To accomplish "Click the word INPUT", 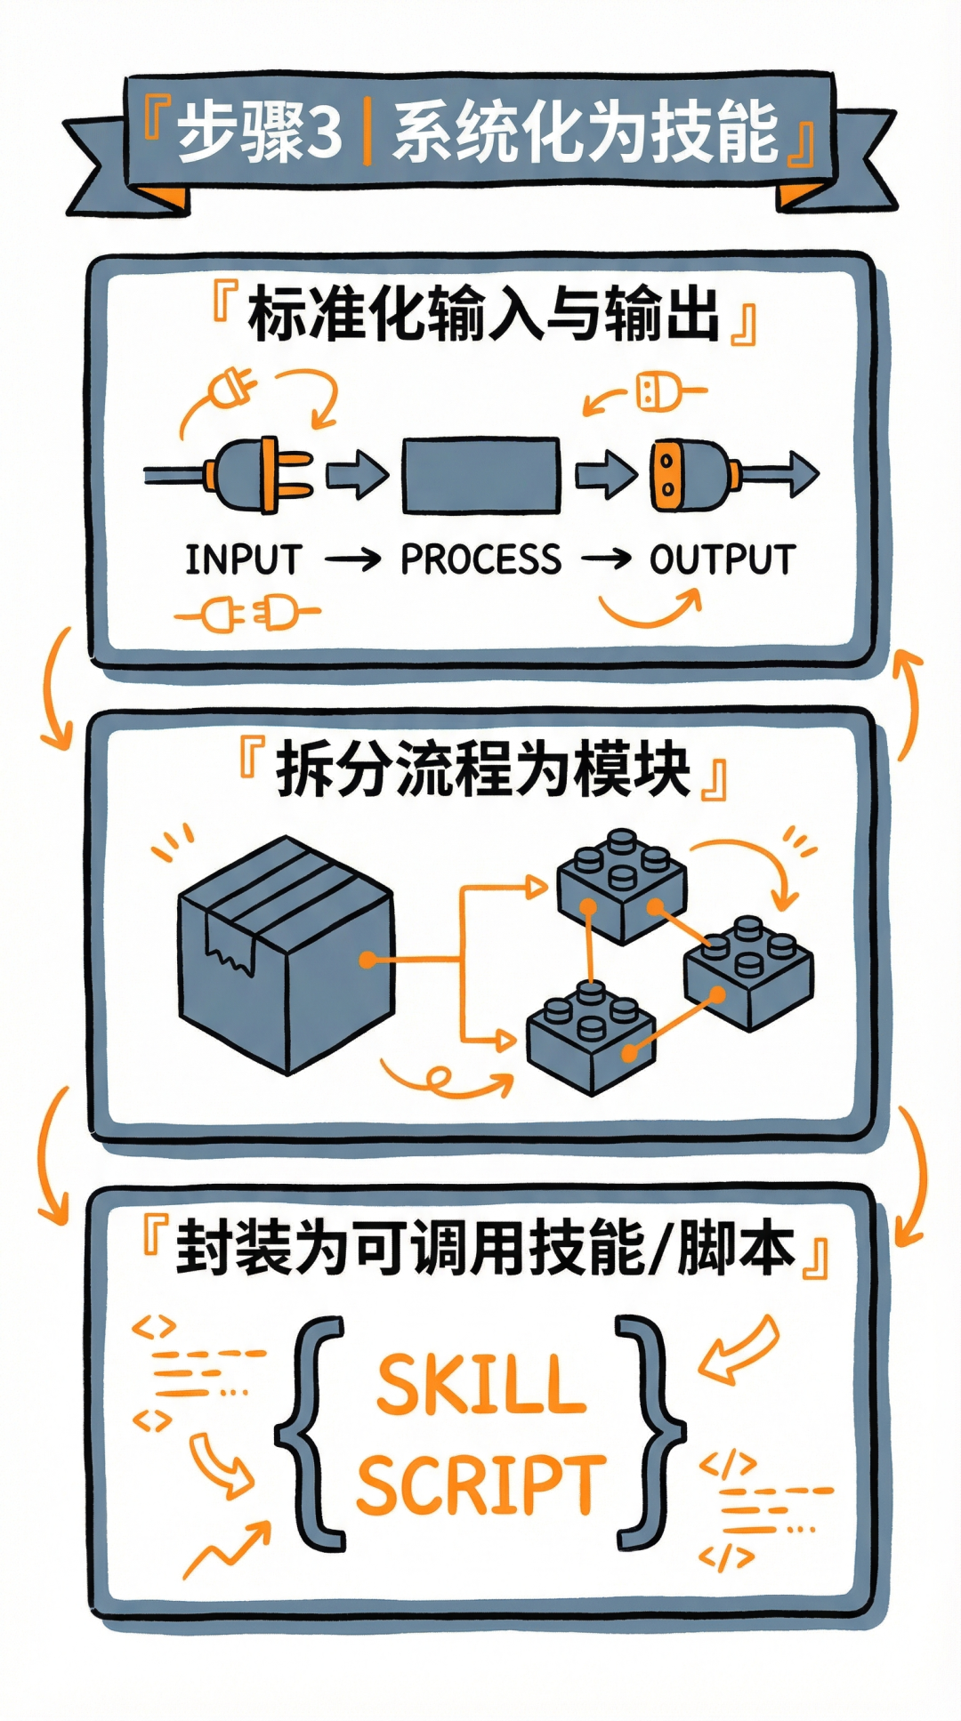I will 243,560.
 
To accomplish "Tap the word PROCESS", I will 480,560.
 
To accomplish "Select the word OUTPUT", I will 722,560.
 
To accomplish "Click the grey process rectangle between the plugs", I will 481,476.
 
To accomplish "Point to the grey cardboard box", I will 285,956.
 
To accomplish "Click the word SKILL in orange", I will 481,1385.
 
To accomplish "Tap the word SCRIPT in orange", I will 481,1485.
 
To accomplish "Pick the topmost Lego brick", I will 622,885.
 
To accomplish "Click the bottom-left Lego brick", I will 590,1036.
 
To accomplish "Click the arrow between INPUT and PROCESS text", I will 352,560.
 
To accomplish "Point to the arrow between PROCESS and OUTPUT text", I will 606,560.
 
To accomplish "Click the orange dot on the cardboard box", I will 367,961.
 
